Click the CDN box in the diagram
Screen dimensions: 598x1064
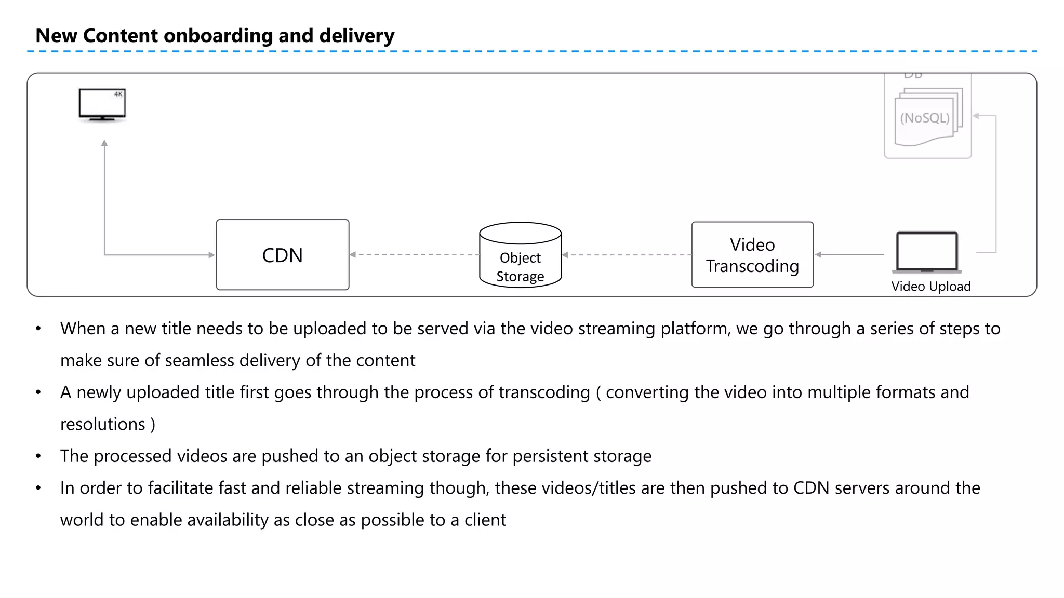pyautogui.click(x=282, y=255)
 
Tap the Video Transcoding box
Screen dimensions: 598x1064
pyautogui.click(x=752, y=255)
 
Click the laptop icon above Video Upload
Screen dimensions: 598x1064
pyautogui.click(x=927, y=252)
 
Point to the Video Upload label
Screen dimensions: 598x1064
pyautogui.click(x=930, y=287)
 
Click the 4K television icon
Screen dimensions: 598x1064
pyautogui.click(x=102, y=104)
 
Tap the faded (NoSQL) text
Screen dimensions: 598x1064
pyautogui.click(x=925, y=118)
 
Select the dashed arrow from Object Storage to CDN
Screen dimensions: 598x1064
pyautogui.click(x=414, y=254)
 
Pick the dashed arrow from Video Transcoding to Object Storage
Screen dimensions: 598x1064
pyautogui.click(x=627, y=255)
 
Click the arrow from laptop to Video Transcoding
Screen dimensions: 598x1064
pyautogui.click(x=849, y=254)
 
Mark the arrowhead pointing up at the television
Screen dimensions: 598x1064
pyautogui.click(x=104, y=143)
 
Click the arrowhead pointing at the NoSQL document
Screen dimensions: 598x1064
pyautogui.click(x=976, y=116)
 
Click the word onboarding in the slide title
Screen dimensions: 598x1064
pyautogui.click(x=218, y=36)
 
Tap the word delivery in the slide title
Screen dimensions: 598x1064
pyautogui.click(x=356, y=36)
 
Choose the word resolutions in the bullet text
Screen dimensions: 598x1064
pyautogui.click(x=102, y=425)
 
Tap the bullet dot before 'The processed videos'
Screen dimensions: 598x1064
pyautogui.click(x=38, y=456)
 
